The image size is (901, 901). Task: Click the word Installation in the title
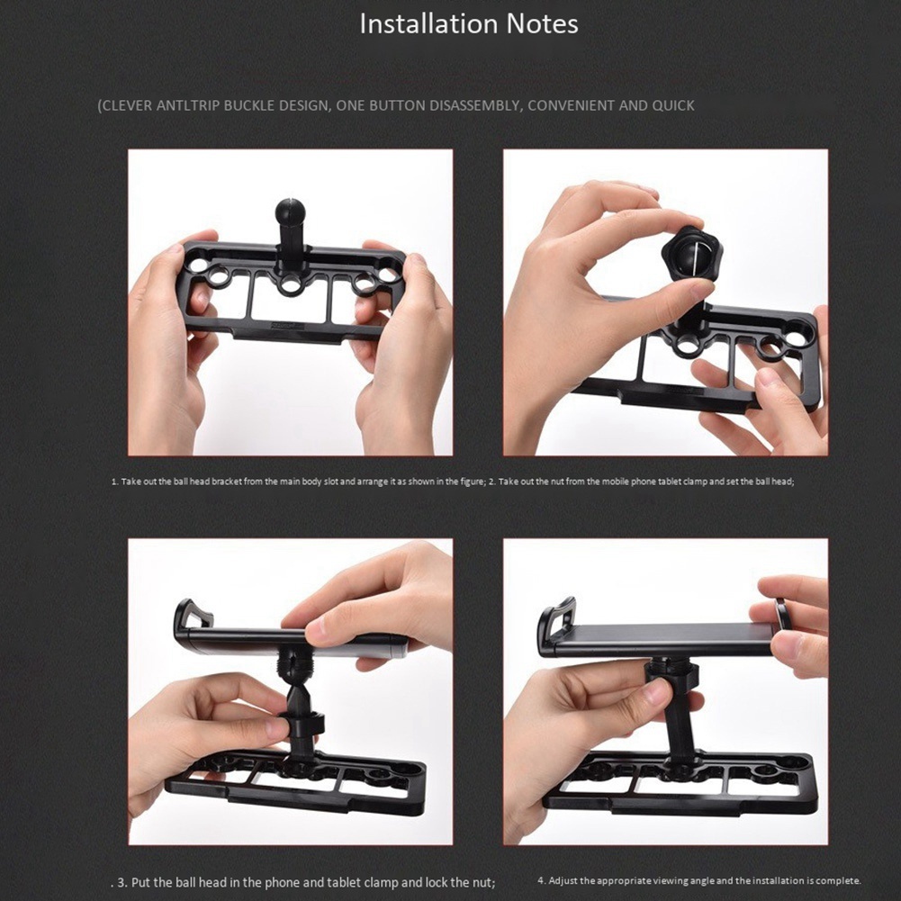(x=429, y=23)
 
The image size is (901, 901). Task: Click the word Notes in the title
(x=542, y=23)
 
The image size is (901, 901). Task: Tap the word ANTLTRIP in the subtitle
(x=187, y=105)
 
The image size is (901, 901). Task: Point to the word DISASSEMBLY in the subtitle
(x=474, y=105)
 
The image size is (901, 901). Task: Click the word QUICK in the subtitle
(x=673, y=105)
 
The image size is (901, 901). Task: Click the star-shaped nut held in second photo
(x=689, y=253)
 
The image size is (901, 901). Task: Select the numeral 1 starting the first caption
(x=114, y=482)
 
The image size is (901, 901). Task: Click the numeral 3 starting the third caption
(x=122, y=882)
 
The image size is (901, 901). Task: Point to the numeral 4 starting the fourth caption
(x=541, y=880)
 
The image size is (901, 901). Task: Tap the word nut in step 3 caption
(x=482, y=882)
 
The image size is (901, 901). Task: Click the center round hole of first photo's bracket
(x=291, y=285)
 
